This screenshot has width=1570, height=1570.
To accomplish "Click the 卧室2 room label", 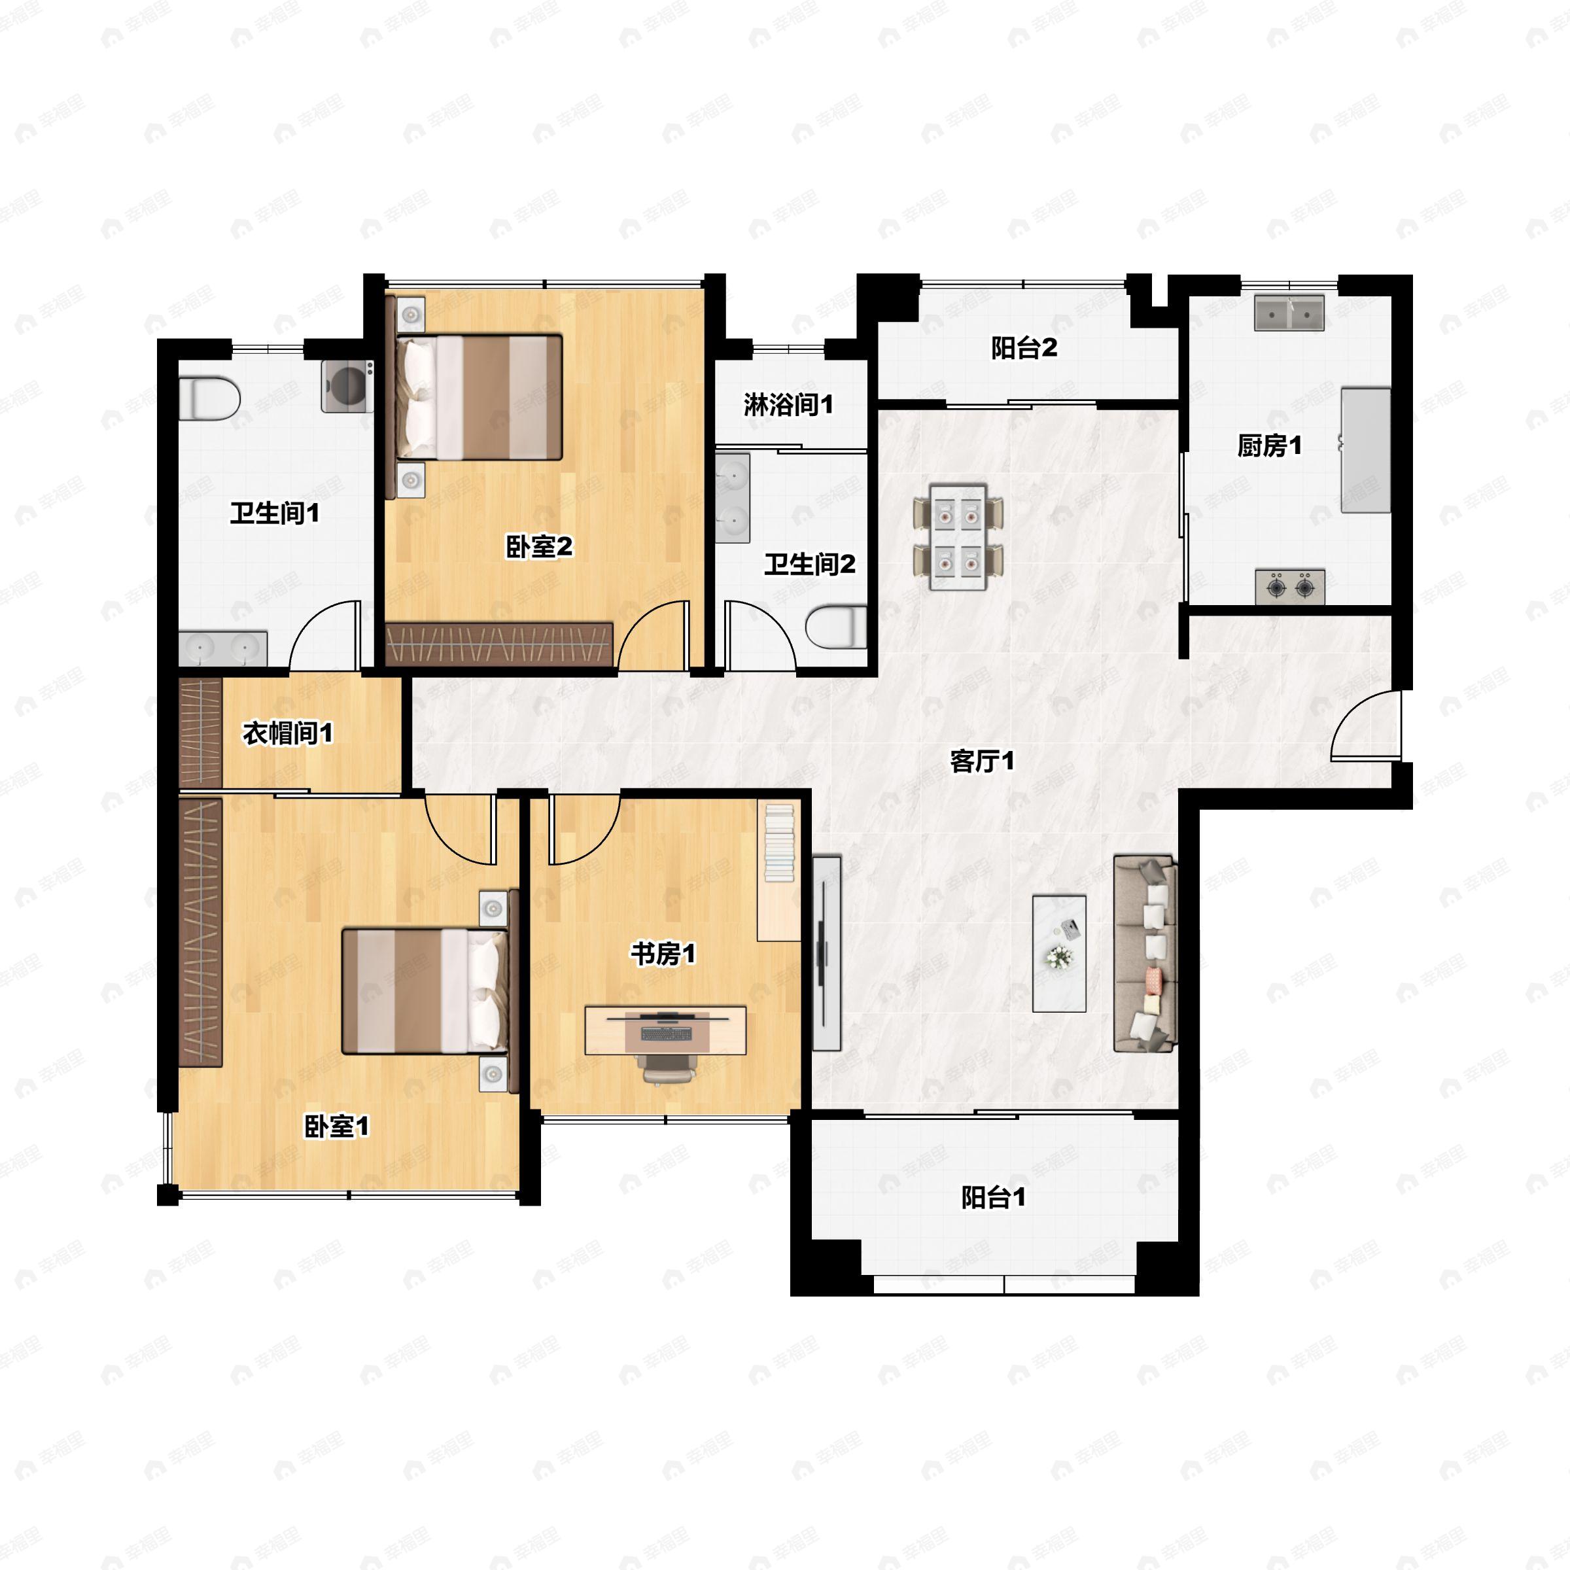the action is pyautogui.click(x=539, y=547).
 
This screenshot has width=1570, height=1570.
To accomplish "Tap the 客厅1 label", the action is pyautogui.click(x=982, y=761).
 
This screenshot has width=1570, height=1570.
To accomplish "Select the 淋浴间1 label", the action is pyautogui.click(x=788, y=404).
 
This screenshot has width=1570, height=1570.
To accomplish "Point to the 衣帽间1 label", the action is pyautogui.click(x=288, y=733).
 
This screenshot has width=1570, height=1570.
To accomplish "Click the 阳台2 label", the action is pyautogui.click(x=1024, y=348).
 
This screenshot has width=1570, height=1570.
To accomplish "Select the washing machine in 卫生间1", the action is pyautogui.click(x=347, y=386).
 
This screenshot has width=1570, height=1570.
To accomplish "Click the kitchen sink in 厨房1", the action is pyautogui.click(x=1289, y=313).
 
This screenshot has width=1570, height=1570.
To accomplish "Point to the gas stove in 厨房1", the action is pyautogui.click(x=1289, y=587).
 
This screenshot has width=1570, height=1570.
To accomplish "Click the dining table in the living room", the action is pyautogui.click(x=958, y=537).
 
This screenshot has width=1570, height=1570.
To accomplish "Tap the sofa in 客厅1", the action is pyautogui.click(x=1144, y=953).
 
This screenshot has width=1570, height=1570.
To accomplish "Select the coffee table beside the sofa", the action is pyautogui.click(x=1059, y=953).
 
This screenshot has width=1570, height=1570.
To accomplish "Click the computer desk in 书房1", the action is pyautogui.click(x=665, y=1030).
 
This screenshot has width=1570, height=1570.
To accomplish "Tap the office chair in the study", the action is pyautogui.click(x=668, y=1070).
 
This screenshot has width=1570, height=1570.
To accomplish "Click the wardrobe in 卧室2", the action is pyautogui.click(x=499, y=645).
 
